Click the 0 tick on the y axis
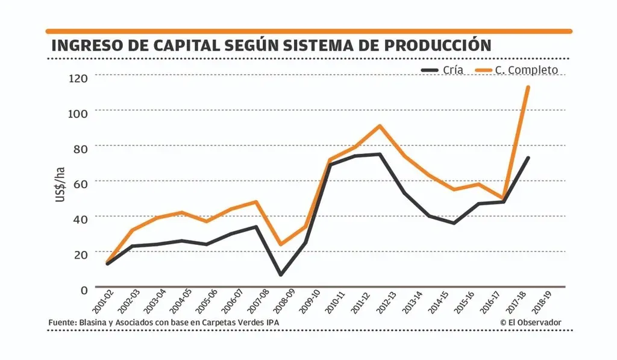point(84,289)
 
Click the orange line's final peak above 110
point(528,87)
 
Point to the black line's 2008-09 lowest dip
point(280,274)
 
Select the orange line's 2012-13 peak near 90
point(380,126)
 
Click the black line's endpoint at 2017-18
point(528,158)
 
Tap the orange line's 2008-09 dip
point(280,244)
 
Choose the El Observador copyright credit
point(530,323)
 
